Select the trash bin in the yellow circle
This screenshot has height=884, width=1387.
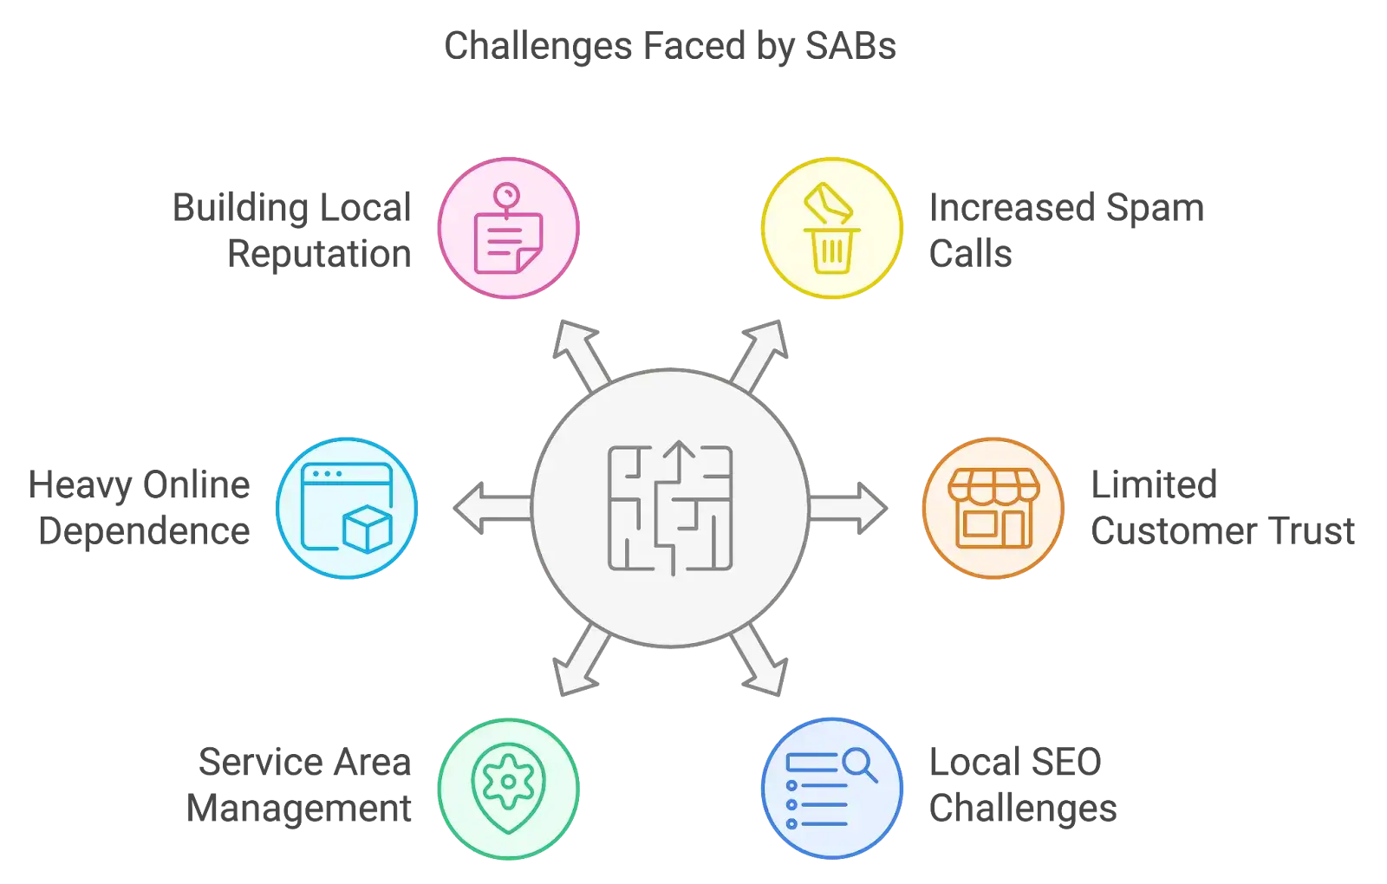coord(831,250)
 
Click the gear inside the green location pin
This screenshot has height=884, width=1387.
coord(508,782)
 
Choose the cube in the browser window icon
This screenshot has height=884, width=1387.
coord(368,528)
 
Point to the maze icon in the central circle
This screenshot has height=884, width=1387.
coord(671,509)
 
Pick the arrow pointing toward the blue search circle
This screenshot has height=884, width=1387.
coord(761,666)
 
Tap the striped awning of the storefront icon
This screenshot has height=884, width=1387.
coord(993,486)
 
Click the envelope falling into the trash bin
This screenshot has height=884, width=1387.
coord(827,205)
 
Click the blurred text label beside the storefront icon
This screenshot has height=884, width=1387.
coord(1221,506)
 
